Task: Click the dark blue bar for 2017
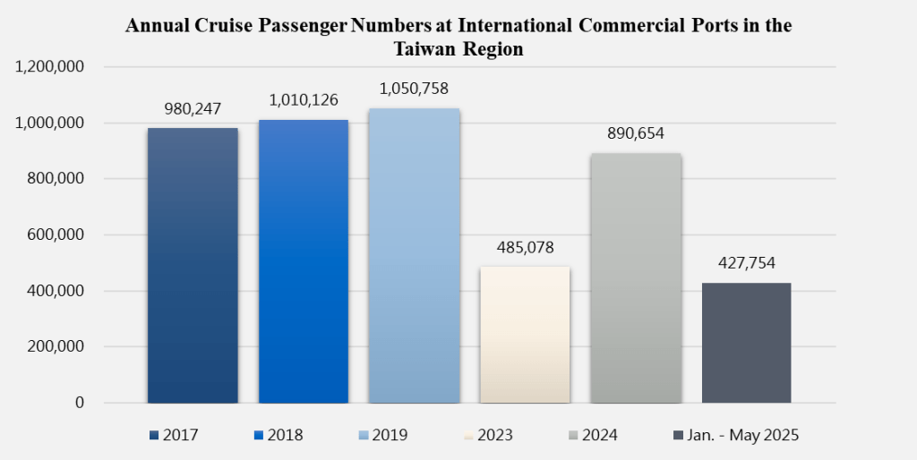(x=193, y=265)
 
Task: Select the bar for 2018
(x=304, y=260)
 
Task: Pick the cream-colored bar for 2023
(x=525, y=335)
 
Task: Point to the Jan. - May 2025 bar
(x=746, y=343)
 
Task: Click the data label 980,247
(x=193, y=109)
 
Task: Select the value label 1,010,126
(x=304, y=100)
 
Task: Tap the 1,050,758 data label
(x=414, y=89)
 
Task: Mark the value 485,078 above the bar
(x=525, y=248)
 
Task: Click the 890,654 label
(x=636, y=134)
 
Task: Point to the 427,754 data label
(x=746, y=263)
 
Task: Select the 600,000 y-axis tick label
(x=56, y=235)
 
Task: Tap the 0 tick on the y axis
(x=80, y=404)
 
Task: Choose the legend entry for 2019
(x=382, y=436)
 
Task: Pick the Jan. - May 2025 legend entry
(x=735, y=436)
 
